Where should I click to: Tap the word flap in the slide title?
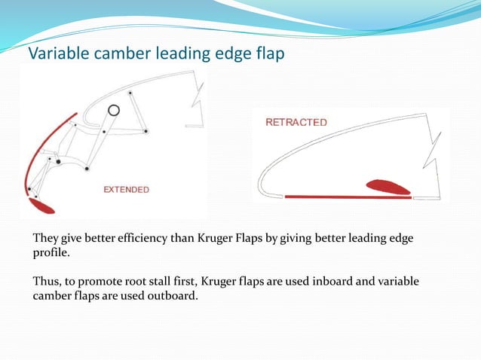pyautogui.click(x=268, y=54)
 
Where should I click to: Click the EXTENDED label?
pyautogui.click(x=126, y=189)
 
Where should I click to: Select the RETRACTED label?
pyautogui.click(x=296, y=122)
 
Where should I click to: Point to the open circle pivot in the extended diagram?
pyautogui.click(x=113, y=110)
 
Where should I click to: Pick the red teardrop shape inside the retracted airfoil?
pyautogui.click(x=388, y=187)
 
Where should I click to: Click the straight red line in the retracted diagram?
pyautogui.click(x=347, y=197)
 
